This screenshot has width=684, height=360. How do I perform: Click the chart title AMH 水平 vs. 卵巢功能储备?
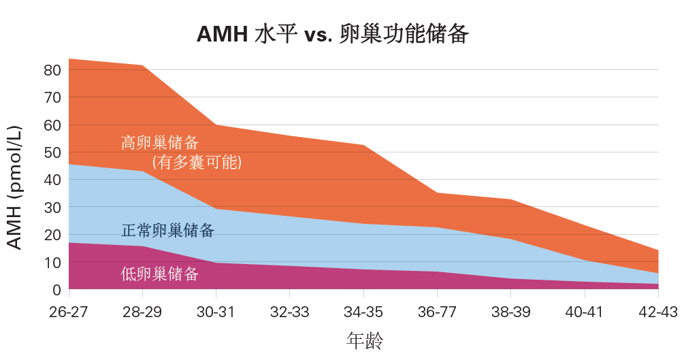pos(333,33)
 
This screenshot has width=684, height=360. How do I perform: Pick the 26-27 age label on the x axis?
pos(69,312)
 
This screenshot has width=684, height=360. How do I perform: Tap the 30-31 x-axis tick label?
pos(216,312)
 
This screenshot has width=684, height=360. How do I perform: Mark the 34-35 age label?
pos(363,312)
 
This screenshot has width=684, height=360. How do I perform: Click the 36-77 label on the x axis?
pos(436,312)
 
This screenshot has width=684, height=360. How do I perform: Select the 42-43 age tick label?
pos(657,312)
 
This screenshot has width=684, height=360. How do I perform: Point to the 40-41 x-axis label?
pos(584,312)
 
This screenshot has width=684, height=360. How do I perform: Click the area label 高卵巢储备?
pos(160,143)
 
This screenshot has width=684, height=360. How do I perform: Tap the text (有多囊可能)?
pos(197,163)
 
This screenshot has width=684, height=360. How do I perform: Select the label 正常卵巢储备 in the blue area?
pos(167,231)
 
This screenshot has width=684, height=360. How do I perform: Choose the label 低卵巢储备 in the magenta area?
pos(160,274)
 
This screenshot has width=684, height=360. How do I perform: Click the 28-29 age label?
pos(142,312)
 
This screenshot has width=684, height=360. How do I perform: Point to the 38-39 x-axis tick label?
pos(510,312)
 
